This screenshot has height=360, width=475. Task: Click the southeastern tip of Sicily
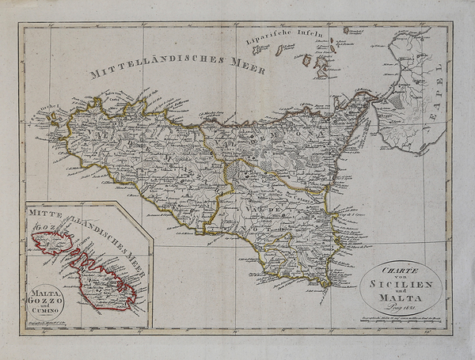[325, 282]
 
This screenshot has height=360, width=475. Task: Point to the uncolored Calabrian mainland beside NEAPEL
[408, 95]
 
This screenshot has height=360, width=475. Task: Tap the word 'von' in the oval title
[401, 274]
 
